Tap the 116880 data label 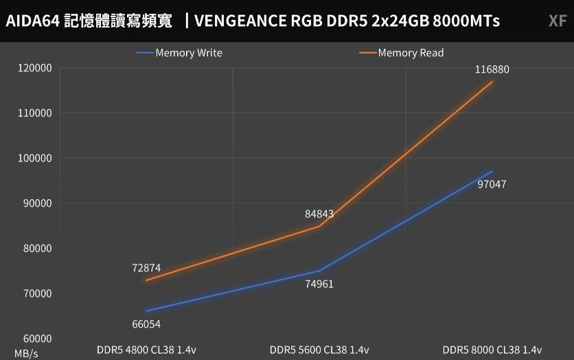click(492, 69)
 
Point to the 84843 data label click(319, 214)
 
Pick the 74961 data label click(319, 284)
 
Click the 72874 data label click(146, 268)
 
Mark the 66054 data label click(146, 324)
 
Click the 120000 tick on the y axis click(34, 68)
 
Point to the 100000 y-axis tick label click(34, 158)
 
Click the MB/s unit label click(26, 353)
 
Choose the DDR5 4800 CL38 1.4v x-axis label click(146, 349)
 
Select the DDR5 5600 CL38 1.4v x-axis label click(319, 349)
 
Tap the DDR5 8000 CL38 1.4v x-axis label click(492, 349)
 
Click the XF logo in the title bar click(557, 21)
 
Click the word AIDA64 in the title click(32, 21)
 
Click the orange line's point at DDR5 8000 click(492, 82)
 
